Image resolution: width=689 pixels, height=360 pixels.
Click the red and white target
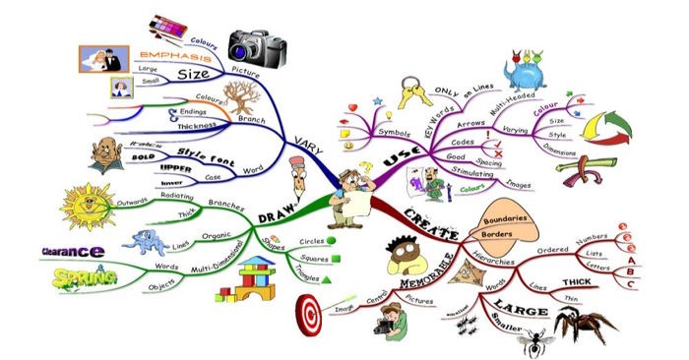tap(310, 315)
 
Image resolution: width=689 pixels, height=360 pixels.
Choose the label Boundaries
tap(511, 218)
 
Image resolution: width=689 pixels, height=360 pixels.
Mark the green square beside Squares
tap(337, 260)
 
